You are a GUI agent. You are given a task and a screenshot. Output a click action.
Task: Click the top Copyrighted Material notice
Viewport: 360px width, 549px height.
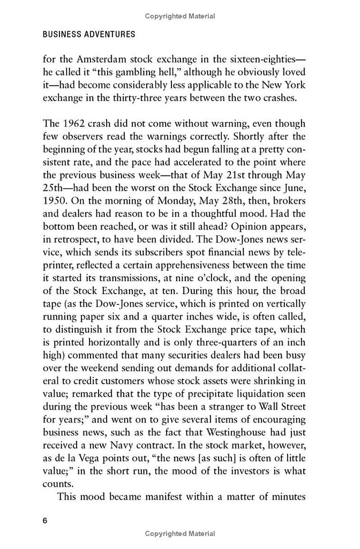pyautogui.click(x=180, y=17)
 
